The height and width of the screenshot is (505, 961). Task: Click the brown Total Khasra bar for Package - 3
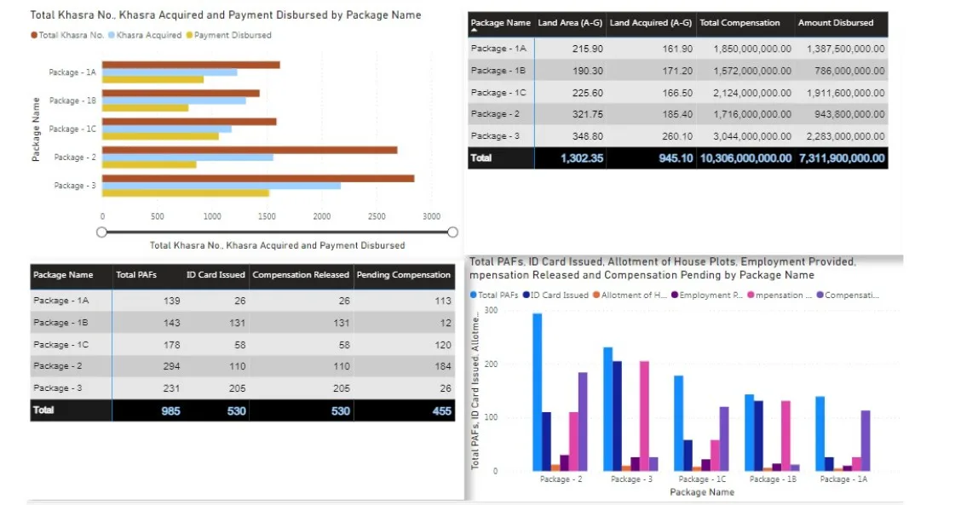pos(256,178)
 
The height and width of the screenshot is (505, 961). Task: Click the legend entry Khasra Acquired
pos(148,35)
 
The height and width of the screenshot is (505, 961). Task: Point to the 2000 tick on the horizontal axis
pos(321,216)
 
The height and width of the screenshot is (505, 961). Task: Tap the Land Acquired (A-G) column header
pos(650,23)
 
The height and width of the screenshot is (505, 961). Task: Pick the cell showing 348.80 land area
pos(587,136)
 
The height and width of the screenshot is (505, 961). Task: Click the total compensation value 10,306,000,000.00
pos(745,158)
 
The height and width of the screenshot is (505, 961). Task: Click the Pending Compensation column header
pos(403,275)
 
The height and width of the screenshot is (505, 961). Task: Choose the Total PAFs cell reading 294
pos(168,366)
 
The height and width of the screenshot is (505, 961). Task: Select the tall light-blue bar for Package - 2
pos(538,392)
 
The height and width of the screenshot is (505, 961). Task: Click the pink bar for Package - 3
pos(644,416)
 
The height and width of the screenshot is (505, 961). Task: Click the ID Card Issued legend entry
pos(555,295)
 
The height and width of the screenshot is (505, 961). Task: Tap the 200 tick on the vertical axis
pos(490,364)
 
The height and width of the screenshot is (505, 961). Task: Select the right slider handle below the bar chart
pos(452,232)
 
